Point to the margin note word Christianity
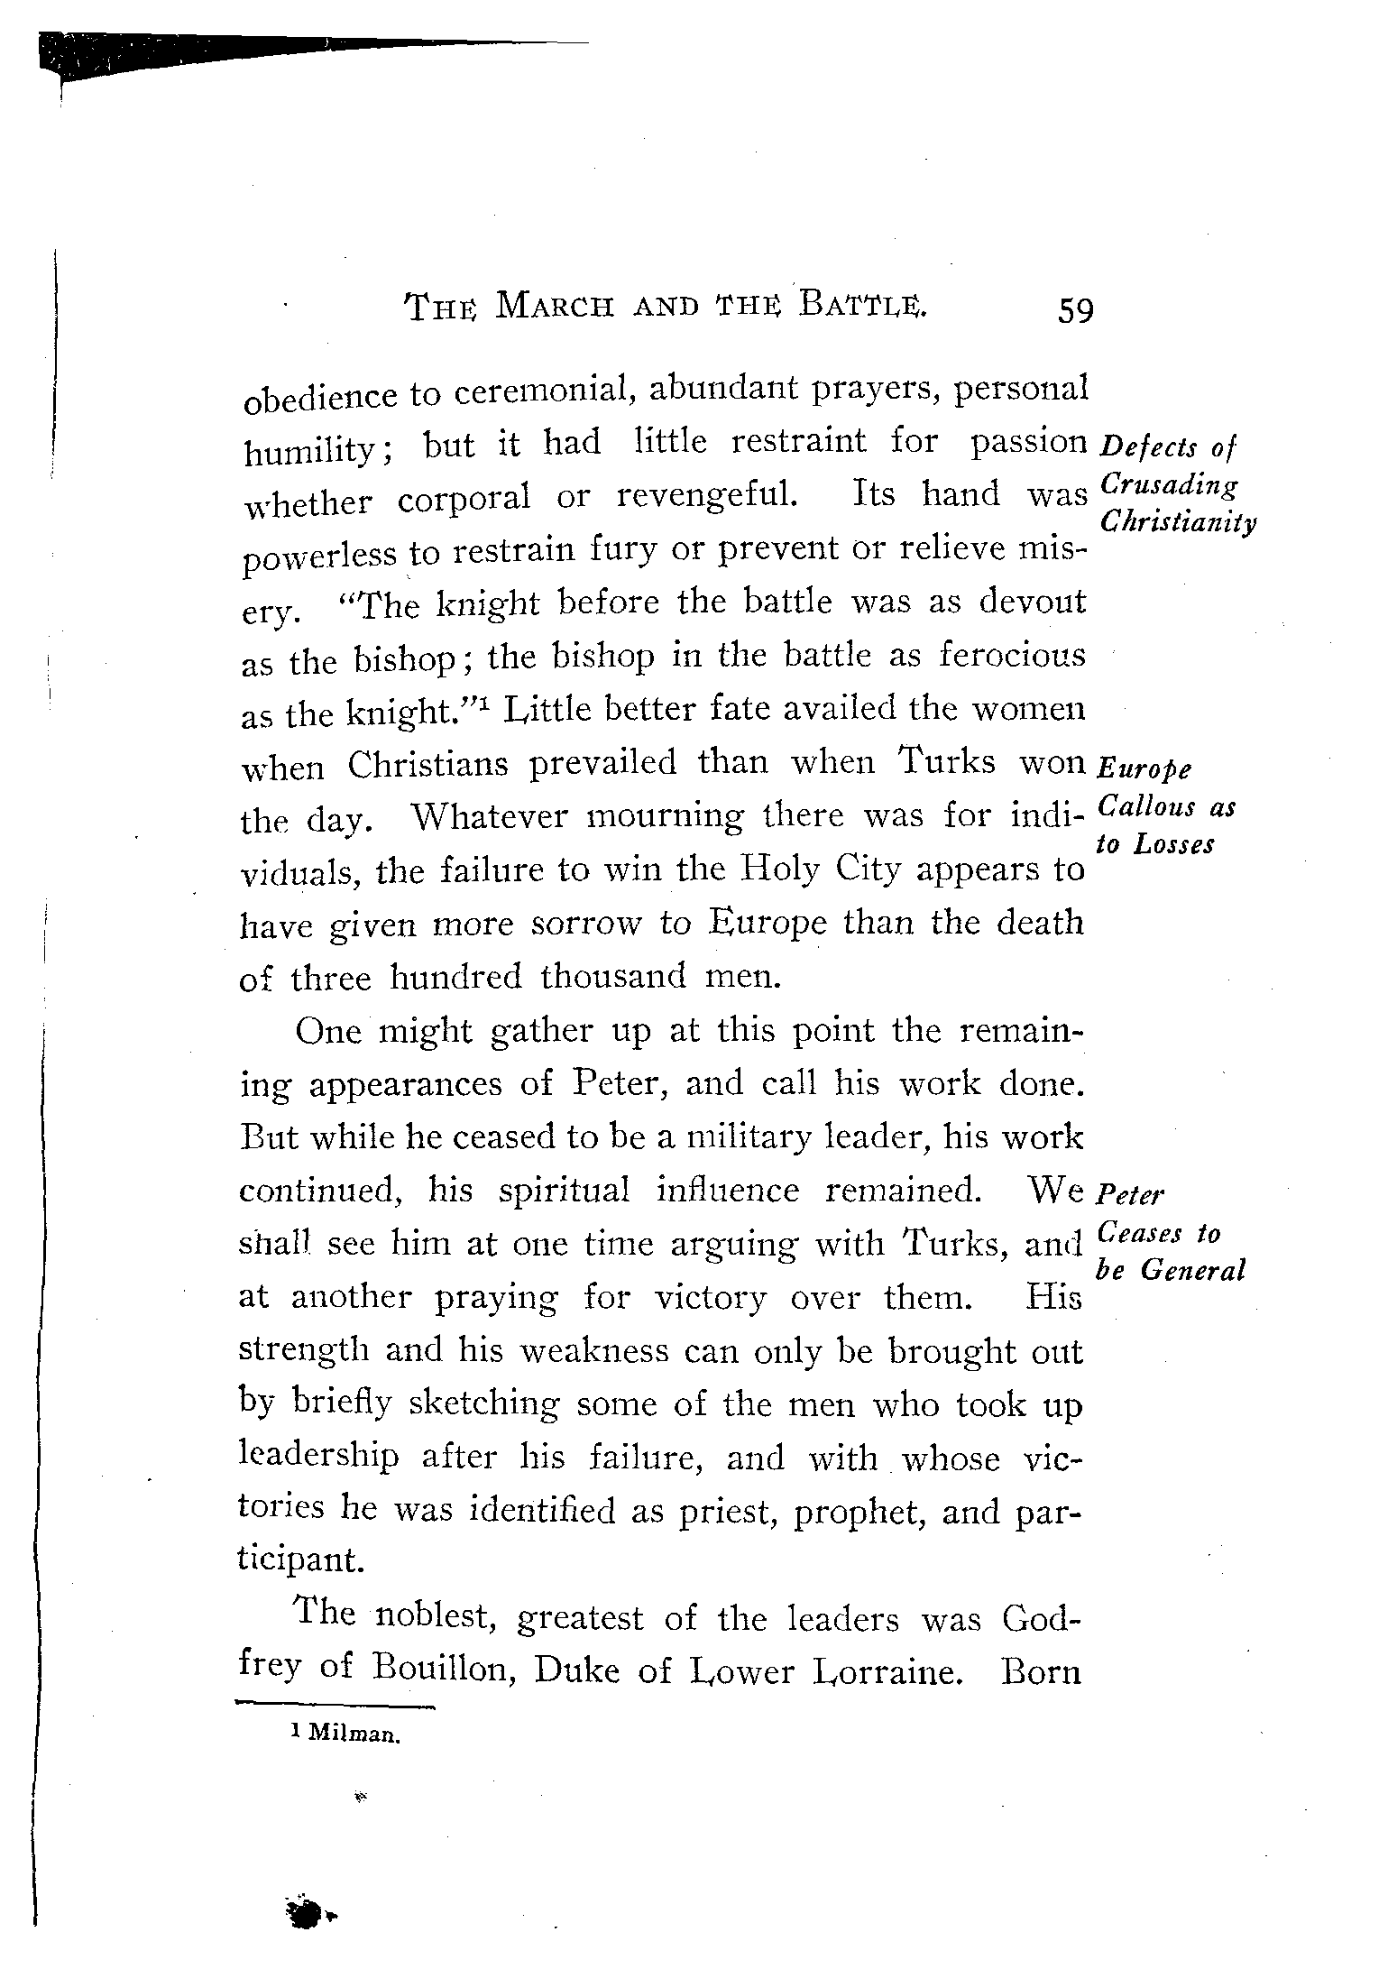click(1179, 522)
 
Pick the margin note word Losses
click(1174, 844)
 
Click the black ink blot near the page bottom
click(308, 1912)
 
